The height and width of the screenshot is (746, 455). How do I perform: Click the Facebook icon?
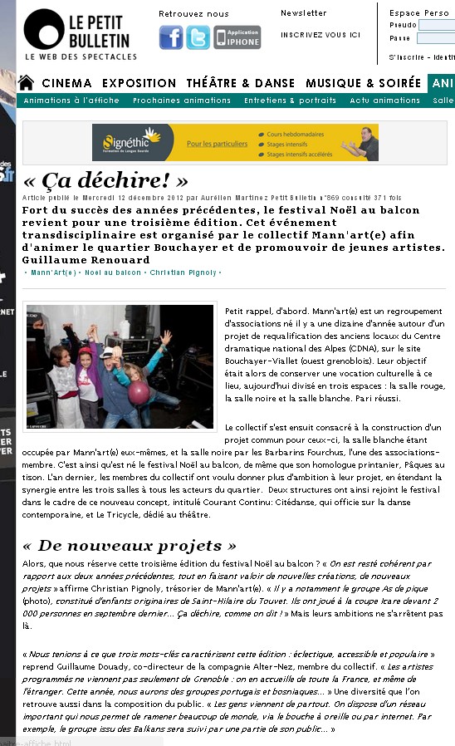[x=171, y=37]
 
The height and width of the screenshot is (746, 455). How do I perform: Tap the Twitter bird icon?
[x=198, y=37]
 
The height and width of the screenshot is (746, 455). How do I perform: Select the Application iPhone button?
[x=237, y=37]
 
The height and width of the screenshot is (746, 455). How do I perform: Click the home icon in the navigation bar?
[x=26, y=83]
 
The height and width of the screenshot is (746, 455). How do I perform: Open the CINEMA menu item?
[x=66, y=83]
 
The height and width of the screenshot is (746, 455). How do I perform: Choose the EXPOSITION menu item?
[x=139, y=83]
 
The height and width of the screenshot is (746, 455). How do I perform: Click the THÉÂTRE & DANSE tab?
[x=241, y=83]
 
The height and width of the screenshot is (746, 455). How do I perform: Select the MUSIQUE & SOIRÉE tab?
[x=363, y=83]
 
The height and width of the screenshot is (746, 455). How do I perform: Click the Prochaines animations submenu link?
[x=182, y=101]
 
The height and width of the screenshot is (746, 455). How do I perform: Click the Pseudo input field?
[x=435, y=25]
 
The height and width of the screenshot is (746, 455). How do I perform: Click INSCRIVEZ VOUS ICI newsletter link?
[x=320, y=35]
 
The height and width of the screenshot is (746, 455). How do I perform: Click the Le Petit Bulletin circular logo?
[x=44, y=29]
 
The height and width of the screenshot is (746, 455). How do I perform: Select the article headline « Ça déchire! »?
[x=105, y=181]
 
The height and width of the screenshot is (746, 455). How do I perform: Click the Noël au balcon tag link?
[x=112, y=272]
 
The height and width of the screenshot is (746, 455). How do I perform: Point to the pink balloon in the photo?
[x=139, y=393]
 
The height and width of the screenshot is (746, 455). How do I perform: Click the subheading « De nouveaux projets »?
[x=129, y=546]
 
